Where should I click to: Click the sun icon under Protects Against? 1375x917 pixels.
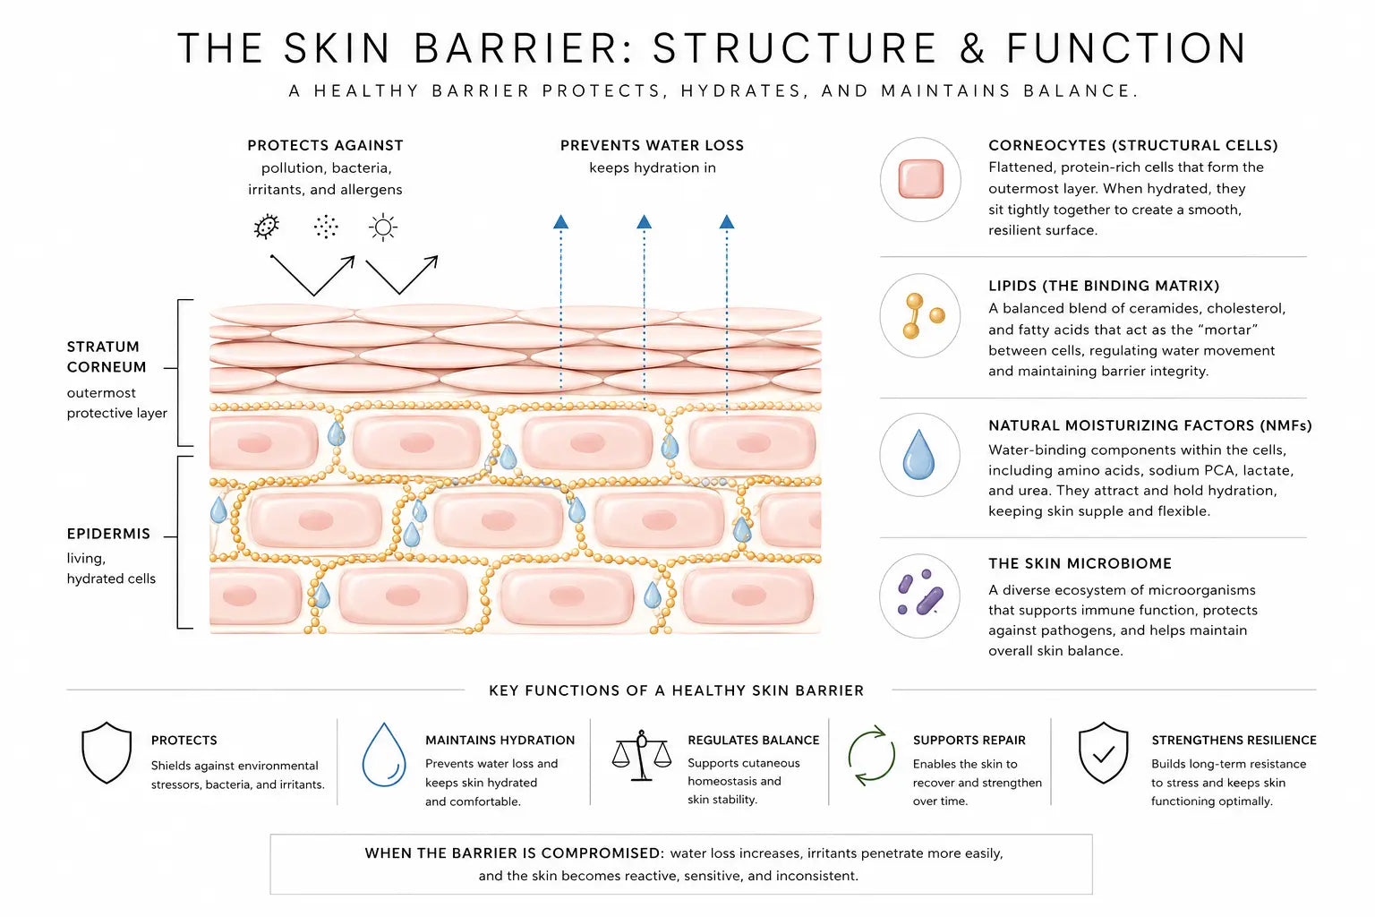click(x=383, y=227)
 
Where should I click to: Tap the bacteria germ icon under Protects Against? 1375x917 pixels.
click(x=267, y=227)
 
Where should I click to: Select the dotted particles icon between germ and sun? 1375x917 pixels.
click(x=326, y=227)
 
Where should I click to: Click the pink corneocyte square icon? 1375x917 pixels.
click(x=920, y=179)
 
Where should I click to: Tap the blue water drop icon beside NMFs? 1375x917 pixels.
click(x=918, y=454)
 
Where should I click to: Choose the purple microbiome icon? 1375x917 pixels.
click(x=920, y=596)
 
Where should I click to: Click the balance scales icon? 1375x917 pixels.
click(x=641, y=756)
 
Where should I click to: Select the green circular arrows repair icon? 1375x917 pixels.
click(x=871, y=756)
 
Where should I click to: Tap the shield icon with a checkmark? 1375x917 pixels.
click(x=1103, y=753)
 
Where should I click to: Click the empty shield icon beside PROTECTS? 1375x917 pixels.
click(x=107, y=753)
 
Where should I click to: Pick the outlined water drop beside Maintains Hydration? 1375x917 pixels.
click(x=384, y=755)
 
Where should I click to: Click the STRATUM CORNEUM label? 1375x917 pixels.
click(x=106, y=356)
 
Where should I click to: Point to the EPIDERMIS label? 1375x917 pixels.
click(x=108, y=534)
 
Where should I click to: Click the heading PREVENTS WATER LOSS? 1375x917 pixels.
click(x=652, y=145)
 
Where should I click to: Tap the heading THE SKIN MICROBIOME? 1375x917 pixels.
click(x=1080, y=563)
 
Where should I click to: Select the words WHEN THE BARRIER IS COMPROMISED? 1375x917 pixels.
click(x=513, y=853)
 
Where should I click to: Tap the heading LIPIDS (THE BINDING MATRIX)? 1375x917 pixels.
click(x=1103, y=286)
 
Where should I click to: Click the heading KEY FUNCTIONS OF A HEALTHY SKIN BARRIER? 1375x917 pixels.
click(x=676, y=690)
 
